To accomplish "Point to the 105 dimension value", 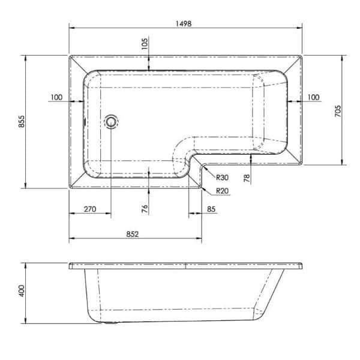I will (x=145, y=43).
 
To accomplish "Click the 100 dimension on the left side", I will (x=57, y=97).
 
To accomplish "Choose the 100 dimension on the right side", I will (x=313, y=97).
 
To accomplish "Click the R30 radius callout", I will (x=223, y=178).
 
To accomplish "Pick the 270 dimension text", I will (x=89, y=209).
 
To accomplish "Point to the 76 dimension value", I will (x=145, y=209).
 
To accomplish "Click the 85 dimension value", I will (x=211, y=209).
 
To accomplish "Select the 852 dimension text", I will (x=133, y=234).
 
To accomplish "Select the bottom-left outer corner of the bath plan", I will (x=70, y=188).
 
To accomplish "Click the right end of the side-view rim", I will (x=302, y=265).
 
